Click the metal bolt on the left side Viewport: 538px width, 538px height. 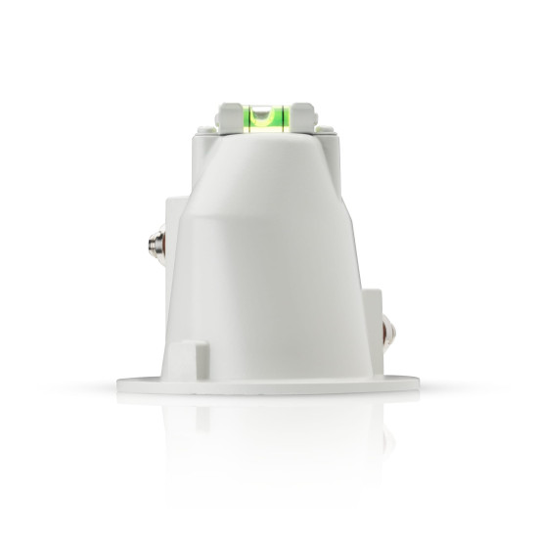[153, 240]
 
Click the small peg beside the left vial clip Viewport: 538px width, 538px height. [211, 126]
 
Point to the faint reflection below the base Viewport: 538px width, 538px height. [268, 430]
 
